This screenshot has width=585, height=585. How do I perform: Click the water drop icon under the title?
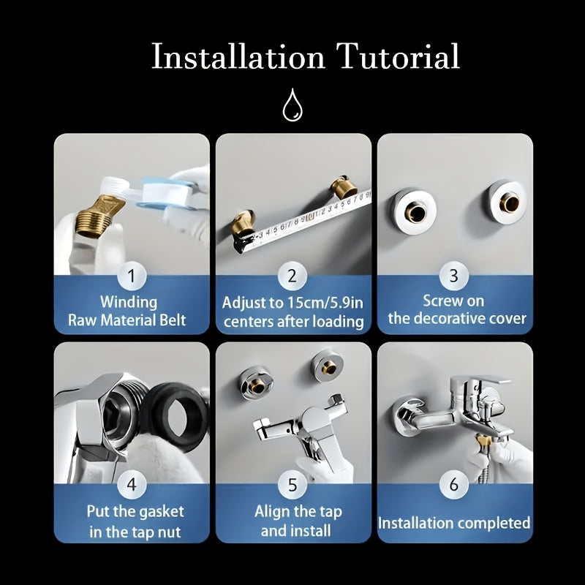click(292, 105)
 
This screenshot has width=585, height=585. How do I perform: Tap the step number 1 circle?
click(132, 276)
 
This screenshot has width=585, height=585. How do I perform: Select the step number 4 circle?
click(132, 485)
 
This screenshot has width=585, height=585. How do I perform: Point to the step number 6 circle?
click(453, 485)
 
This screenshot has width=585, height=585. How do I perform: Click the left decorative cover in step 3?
click(413, 211)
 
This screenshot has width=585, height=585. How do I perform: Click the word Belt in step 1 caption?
click(171, 320)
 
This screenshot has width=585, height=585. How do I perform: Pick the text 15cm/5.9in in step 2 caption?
click(325, 303)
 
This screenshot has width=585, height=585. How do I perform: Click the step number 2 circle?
click(292, 276)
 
